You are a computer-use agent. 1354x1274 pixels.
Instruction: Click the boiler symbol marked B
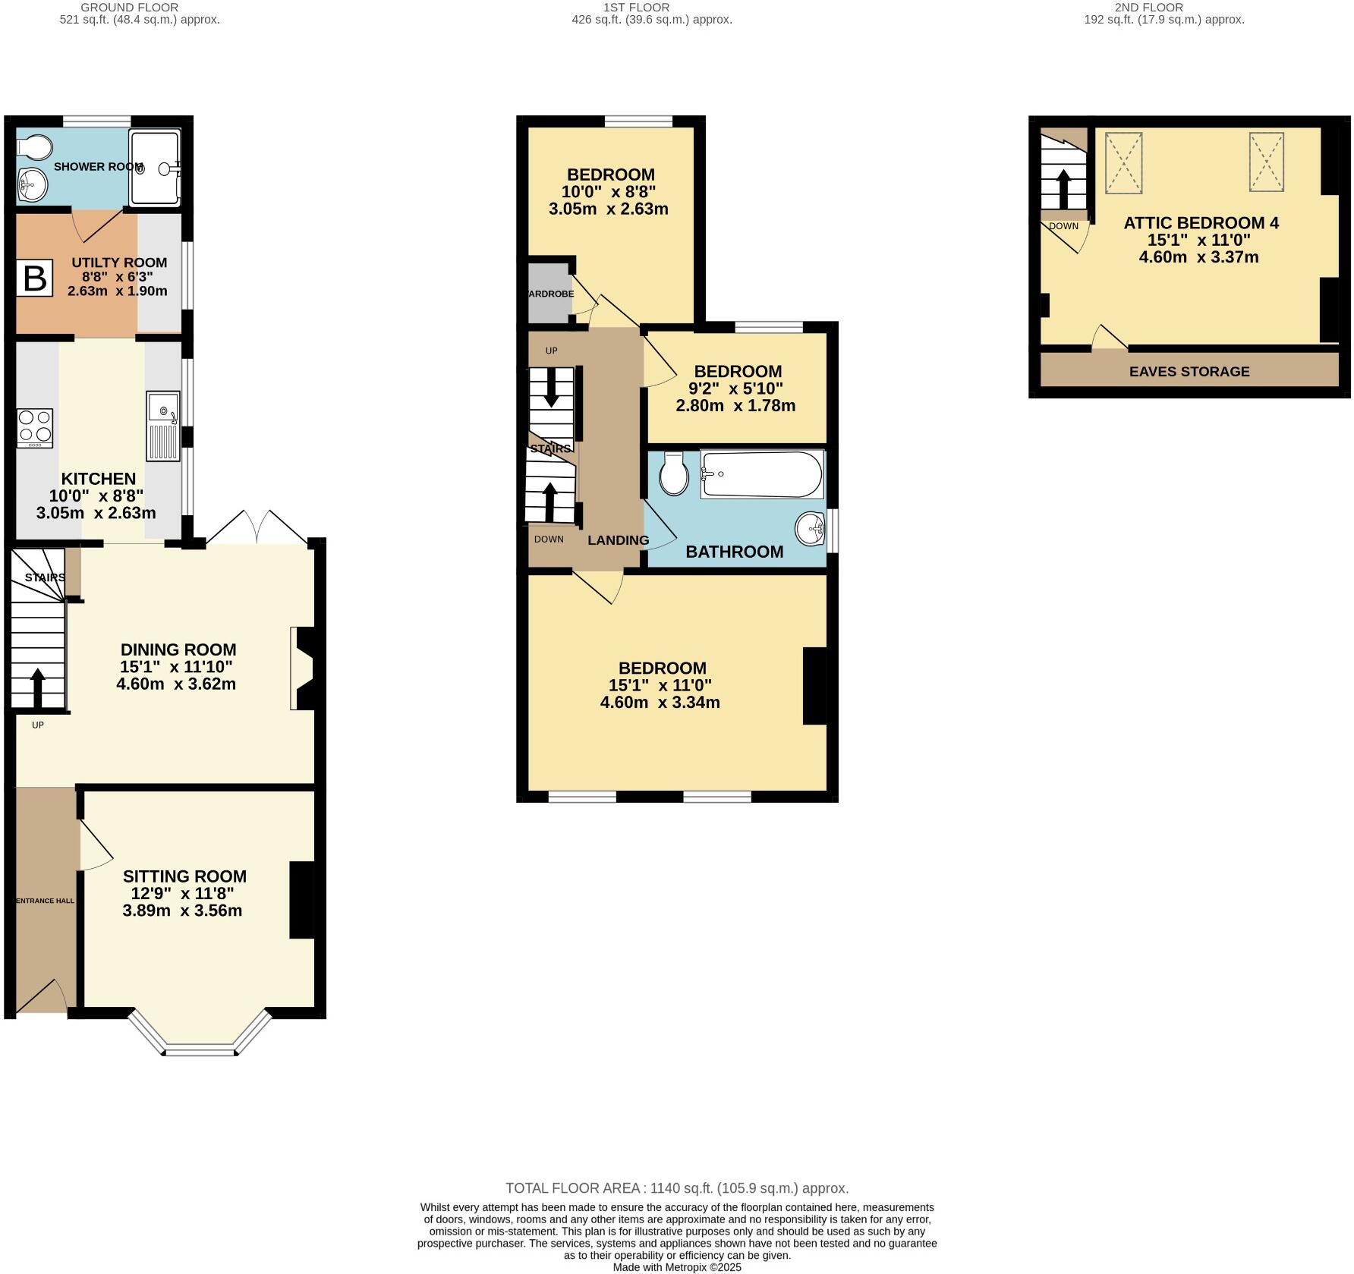tap(35, 278)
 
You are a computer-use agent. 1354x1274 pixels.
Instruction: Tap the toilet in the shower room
tap(36, 146)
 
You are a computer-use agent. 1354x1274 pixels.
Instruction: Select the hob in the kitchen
tap(35, 428)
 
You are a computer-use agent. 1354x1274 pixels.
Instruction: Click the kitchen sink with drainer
tap(163, 426)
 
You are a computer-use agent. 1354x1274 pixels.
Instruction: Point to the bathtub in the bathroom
tap(761, 475)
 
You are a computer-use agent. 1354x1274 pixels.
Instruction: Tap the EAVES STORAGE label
tap(1189, 371)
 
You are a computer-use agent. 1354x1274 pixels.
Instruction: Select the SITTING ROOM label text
tap(184, 876)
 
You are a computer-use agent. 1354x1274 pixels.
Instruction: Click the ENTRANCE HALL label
tap(46, 901)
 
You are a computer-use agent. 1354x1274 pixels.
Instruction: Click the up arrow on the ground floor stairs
tap(37, 687)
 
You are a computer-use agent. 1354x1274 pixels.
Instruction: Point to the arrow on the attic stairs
tap(1063, 189)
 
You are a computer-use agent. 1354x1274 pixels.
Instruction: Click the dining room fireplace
tap(302, 668)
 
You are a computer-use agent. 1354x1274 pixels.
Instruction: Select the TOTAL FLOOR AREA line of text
tap(677, 1188)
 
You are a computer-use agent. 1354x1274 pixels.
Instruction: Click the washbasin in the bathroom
tap(811, 527)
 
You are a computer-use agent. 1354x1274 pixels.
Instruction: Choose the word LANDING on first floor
tap(618, 540)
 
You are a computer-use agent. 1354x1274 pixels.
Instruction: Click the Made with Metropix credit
tap(677, 1267)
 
